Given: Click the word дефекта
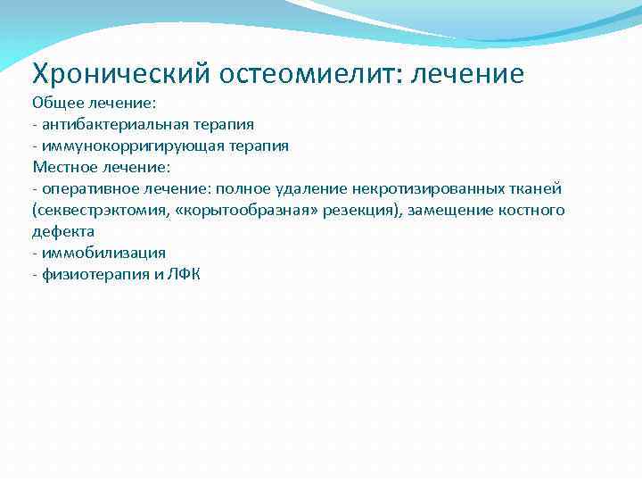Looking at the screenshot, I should point(63,231).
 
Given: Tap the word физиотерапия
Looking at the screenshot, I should point(88,274).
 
